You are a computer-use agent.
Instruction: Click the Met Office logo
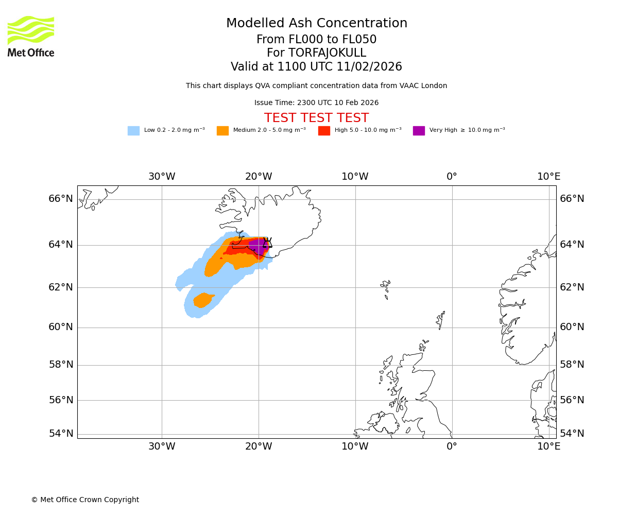tap(31, 36)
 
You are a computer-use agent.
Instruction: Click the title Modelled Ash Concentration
tap(316, 24)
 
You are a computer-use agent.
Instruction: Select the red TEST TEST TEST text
tap(316, 118)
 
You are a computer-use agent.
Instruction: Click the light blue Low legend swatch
tap(133, 131)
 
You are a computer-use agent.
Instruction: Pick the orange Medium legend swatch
tap(222, 131)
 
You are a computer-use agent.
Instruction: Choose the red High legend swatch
tap(324, 131)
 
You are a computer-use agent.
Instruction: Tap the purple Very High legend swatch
tap(419, 131)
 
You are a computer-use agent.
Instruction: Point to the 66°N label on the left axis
tap(61, 199)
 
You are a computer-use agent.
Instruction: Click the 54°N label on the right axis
tap(572, 434)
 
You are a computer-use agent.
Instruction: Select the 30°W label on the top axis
tap(162, 177)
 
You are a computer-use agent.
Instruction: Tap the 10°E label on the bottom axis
tap(549, 447)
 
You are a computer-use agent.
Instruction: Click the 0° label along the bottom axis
tap(452, 447)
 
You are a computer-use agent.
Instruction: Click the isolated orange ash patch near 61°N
tap(203, 300)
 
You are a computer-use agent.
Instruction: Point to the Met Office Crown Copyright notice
tap(85, 500)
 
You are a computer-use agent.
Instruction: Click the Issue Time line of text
tap(316, 103)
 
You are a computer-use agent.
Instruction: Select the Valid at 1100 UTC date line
tap(316, 67)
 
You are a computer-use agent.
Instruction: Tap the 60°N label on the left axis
tap(61, 327)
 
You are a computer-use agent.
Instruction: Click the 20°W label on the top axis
tap(259, 177)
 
